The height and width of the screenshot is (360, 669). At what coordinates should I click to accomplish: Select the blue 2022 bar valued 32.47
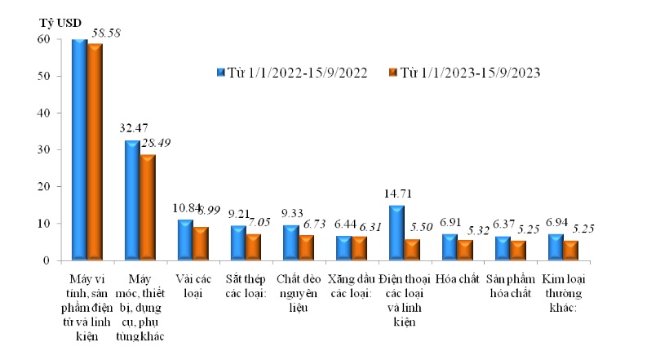click(x=131, y=200)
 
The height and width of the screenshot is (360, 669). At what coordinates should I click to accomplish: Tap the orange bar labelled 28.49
click(x=147, y=207)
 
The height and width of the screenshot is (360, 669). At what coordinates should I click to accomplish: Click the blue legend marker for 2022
click(x=221, y=73)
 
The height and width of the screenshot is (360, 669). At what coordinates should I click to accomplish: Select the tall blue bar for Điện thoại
click(x=397, y=233)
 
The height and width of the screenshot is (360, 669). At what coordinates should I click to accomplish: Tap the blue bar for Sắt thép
click(x=237, y=243)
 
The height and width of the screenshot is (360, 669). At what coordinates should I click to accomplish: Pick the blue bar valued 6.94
click(x=555, y=247)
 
